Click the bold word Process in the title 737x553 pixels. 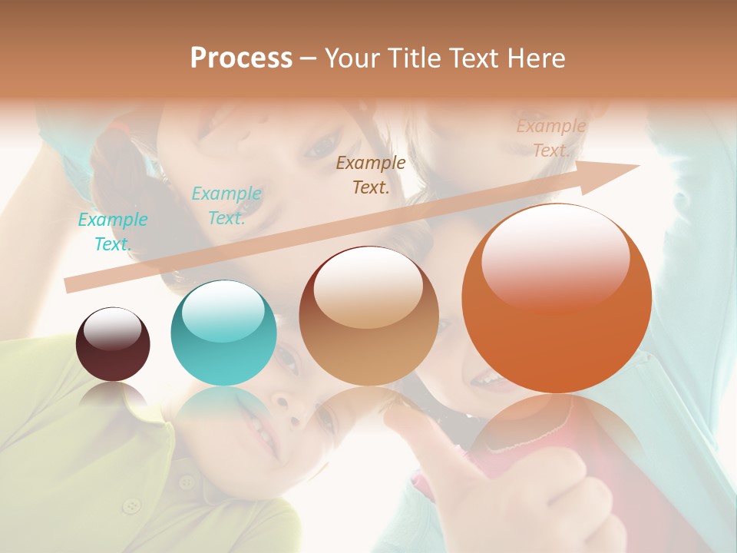tap(241, 58)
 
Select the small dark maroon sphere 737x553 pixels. tap(113, 344)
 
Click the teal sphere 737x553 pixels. tap(223, 333)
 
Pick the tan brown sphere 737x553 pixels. tap(369, 316)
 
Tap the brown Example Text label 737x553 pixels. tap(371, 175)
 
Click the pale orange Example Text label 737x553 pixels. tap(551, 138)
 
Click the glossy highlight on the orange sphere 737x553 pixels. tap(555, 258)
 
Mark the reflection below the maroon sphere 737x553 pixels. tap(113, 395)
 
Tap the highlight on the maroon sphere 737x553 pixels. tap(112, 329)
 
